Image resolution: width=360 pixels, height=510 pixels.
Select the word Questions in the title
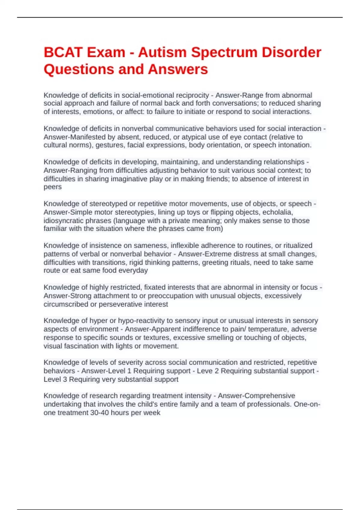(79, 69)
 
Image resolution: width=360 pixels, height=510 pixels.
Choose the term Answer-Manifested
(71, 137)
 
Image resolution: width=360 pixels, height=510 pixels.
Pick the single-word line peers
(52, 187)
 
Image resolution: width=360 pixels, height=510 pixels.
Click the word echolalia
(277, 212)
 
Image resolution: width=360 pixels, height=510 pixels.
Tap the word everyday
(133, 271)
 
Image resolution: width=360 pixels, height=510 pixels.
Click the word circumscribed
(66, 304)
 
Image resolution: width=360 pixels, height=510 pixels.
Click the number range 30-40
(100, 413)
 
